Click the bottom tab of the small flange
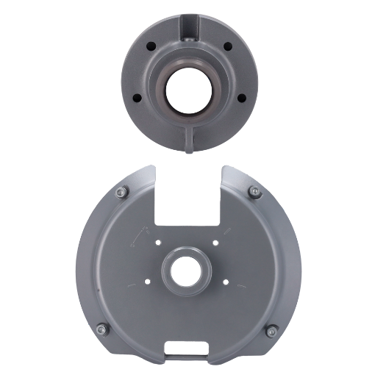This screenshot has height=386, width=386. (x=190, y=140)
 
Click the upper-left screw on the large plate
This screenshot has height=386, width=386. (x=121, y=192)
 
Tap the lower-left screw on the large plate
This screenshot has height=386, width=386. (x=102, y=329)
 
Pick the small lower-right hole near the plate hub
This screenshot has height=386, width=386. (x=225, y=282)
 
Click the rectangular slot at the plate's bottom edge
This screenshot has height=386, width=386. (x=188, y=349)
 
